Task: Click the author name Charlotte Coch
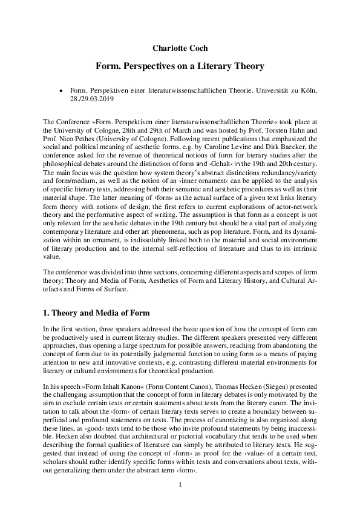coord(180,46)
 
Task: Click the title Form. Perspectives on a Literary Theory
coord(180,64)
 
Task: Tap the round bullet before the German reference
coord(61,90)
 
